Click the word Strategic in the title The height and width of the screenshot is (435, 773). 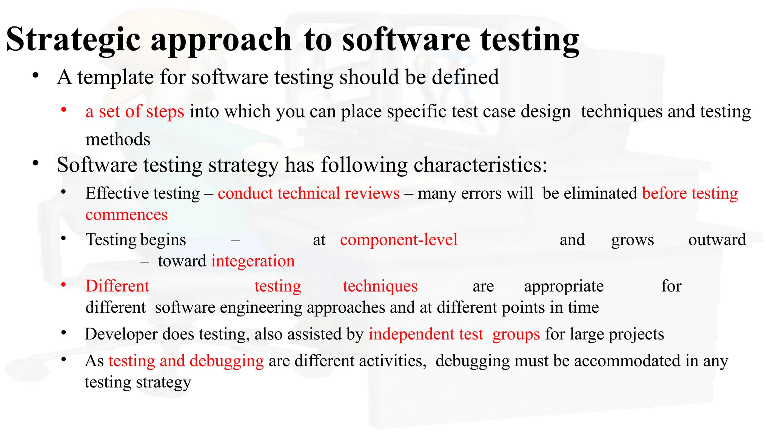(x=74, y=40)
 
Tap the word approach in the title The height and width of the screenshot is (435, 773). (x=221, y=40)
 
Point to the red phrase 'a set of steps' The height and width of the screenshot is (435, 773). (x=135, y=112)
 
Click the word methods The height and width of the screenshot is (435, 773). (x=118, y=139)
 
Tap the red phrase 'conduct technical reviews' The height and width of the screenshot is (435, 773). (x=308, y=193)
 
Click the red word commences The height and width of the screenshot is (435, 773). (x=126, y=215)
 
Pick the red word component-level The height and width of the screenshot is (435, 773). (x=399, y=240)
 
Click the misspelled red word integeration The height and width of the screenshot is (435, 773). (x=253, y=261)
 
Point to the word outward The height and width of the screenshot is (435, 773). (x=717, y=240)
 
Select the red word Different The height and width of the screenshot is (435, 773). (x=117, y=286)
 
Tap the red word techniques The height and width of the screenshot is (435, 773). (x=380, y=286)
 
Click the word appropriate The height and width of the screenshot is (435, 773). (x=564, y=286)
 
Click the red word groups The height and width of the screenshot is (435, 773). (x=516, y=334)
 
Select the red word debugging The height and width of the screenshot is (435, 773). (x=226, y=361)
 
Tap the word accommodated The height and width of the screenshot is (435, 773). (x=626, y=361)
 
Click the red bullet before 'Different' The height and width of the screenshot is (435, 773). (x=64, y=284)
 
